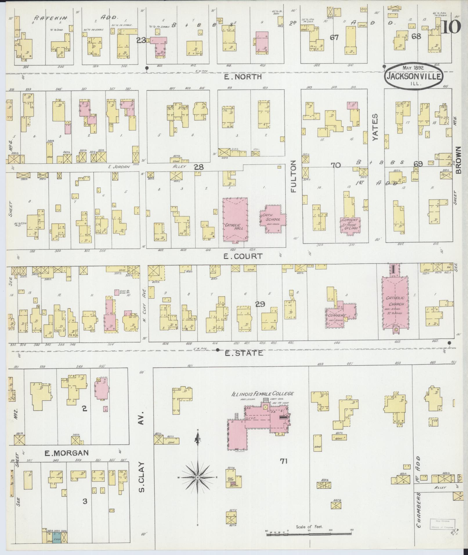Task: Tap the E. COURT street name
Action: click(x=243, y=256)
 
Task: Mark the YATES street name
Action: click(x=376, y=127)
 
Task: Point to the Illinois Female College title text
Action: click(x=262, y=394)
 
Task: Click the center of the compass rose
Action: click(x=198, y=477)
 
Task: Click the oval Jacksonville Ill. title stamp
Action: click(x=413, y=76)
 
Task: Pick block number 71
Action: click(x=283, y=460)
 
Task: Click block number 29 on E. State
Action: click(x=260, y=304)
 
